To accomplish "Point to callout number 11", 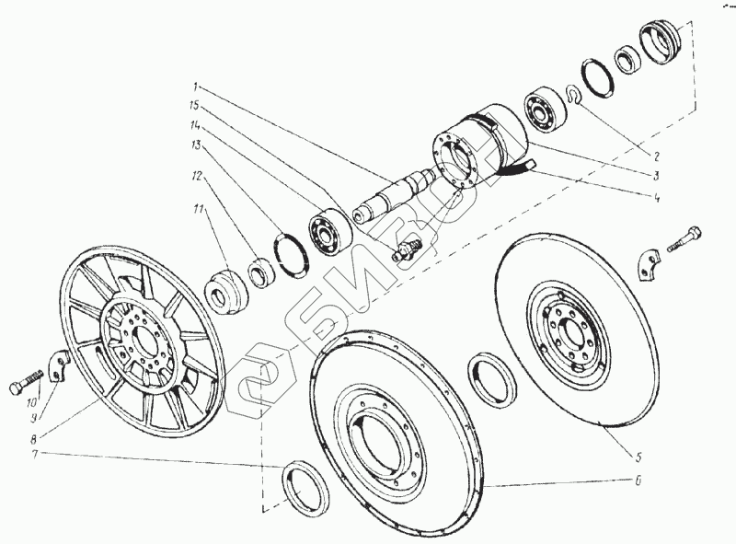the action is tap(195, 210).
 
